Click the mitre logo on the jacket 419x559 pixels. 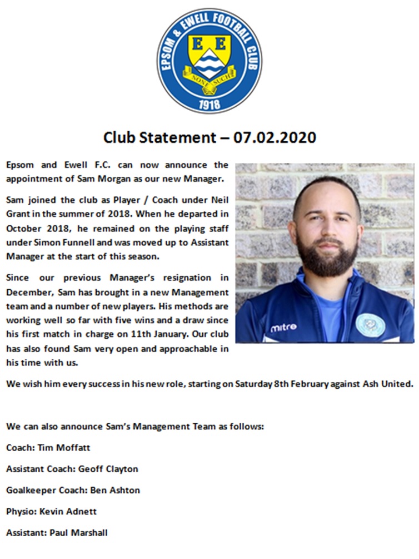click(283, 327)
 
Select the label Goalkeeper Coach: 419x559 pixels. click(45, 490)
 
